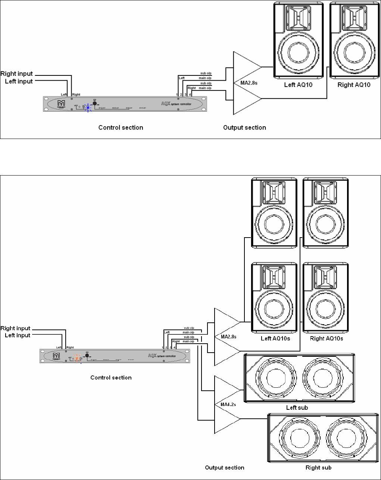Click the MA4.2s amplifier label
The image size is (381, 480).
226,404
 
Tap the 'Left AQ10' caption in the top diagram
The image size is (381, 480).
298,85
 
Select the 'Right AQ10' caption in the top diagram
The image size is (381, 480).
354,85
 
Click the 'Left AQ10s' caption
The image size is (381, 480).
275,338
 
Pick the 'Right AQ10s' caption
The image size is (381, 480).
327,338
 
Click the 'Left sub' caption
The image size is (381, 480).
297,408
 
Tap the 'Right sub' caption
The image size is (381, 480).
318,467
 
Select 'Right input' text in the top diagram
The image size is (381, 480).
17,74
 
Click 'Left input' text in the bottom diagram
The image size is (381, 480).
18,335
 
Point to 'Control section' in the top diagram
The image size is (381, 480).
121,127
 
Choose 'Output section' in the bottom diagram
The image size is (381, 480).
225,467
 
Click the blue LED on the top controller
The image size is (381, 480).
88,108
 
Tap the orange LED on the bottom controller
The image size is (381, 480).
77,359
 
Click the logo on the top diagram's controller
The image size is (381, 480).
61,103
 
